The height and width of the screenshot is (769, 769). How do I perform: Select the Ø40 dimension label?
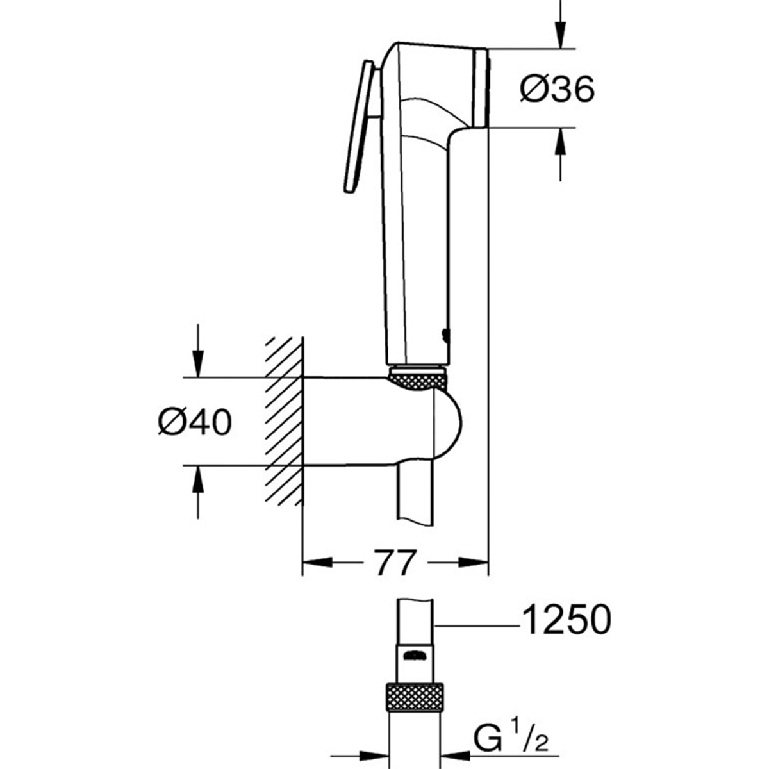pyautogui.click(x=195, y=422)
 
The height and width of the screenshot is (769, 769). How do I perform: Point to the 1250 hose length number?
pyautogui.click(x=566, y=620)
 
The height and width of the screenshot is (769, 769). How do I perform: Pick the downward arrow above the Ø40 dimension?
pyautogui.click(x=198, y=361)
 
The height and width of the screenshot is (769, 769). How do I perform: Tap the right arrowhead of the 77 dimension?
pyautogui.click(x=474, y=563)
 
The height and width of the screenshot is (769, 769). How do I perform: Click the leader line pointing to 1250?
pyautogui.click(x=477, y=622)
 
